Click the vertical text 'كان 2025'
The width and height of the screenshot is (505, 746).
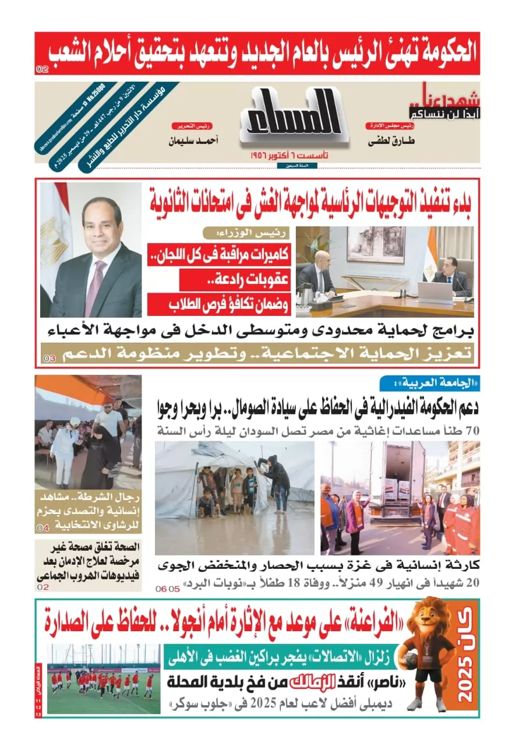click(465, 659)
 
